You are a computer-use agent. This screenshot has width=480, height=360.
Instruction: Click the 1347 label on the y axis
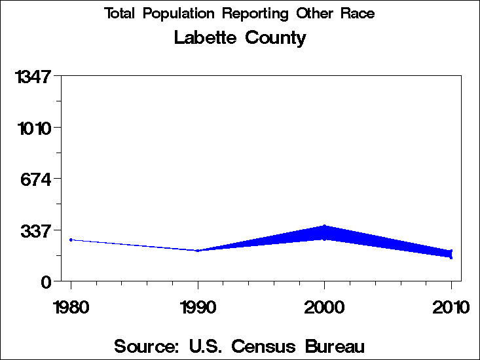coord(33,77)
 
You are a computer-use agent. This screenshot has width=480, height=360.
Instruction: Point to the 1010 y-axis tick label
coord(33,128)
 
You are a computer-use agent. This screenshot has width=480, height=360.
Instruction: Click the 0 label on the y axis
coord(46,282)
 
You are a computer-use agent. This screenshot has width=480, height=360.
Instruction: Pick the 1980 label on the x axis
coord(71,307)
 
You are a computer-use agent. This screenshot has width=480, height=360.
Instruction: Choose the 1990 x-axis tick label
coord(198,307)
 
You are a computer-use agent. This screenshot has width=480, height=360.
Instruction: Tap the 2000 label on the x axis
coord(325,307)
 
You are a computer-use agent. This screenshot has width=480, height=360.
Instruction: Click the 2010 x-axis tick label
coord(451,307)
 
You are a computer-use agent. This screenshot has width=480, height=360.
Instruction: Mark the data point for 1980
coord(71,240)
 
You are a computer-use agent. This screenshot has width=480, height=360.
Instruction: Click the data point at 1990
coord(198,251)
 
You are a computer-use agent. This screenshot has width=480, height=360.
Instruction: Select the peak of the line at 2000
coord(325,227)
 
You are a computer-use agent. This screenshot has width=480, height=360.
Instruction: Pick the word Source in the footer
coord(145,346)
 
